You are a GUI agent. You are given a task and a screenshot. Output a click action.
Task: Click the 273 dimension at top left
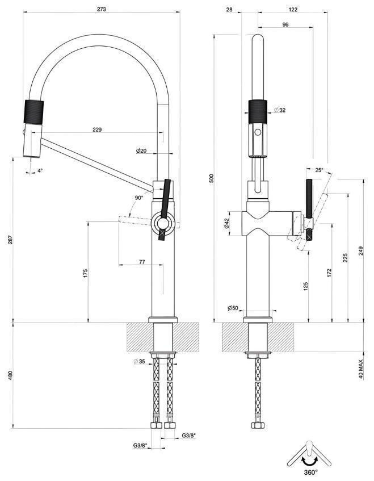tap(102, 10)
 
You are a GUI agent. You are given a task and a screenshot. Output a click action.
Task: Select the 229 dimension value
tap(97, 130)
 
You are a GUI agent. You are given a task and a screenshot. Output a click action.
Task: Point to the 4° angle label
tap(40, 170)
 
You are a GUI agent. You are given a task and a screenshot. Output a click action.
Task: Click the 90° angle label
tap(139, 198)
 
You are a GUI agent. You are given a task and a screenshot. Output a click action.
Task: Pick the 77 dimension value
tap(142, 262)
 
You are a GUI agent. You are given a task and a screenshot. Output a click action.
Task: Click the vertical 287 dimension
tap(10, 241)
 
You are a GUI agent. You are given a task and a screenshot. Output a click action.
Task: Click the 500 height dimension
tap(211, 178)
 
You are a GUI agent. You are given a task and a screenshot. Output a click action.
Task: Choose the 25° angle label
tap(319, 170)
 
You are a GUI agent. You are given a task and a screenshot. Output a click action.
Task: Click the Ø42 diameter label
tap(226, 224)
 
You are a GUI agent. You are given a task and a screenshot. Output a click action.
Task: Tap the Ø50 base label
tap(233, 308)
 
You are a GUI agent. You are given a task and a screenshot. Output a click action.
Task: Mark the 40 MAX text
tap(361, 368)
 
